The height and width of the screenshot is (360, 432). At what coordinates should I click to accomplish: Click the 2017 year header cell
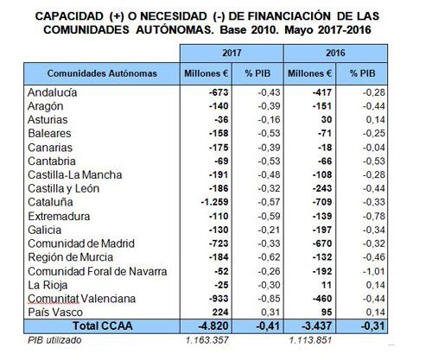click(232, 53)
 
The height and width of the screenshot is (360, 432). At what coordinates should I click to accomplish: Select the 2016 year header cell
click(335, 53)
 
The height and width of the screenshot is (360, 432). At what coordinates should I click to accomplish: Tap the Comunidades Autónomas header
click(102, 73)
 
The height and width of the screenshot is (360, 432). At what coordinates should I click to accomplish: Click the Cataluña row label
click(50, 202)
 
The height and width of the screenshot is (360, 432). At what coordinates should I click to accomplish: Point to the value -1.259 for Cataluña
click(214, 202)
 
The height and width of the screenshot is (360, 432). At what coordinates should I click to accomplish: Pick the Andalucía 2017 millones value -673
click(219, 92)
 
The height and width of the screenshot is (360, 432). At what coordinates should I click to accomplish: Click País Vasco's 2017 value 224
click(219, 313)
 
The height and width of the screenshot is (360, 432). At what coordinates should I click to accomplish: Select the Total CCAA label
click(103, 326)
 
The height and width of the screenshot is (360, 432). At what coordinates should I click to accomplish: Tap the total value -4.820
click(213, 326)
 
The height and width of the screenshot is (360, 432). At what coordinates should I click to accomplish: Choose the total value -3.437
click(316, 326)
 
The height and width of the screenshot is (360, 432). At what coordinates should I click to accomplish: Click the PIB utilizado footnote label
click(54, 340)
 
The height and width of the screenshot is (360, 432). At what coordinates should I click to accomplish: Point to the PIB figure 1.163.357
click(207, 340)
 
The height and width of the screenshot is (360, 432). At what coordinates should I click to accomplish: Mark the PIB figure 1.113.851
click(310, 340)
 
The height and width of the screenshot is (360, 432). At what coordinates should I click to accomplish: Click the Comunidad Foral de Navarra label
click(98, 271)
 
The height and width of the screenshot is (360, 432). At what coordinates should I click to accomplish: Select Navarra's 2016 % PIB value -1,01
click(374, 271)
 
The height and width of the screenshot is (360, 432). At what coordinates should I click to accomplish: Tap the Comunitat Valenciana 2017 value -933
click(219, 299)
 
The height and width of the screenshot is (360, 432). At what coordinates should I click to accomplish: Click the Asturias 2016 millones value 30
click(327, 120)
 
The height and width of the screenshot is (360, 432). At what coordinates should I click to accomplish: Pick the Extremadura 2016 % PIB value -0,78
click(374, 216)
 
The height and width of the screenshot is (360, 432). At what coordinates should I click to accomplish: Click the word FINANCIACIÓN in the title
click(289, 16)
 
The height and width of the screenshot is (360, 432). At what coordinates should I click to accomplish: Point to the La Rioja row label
click(48, 285)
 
